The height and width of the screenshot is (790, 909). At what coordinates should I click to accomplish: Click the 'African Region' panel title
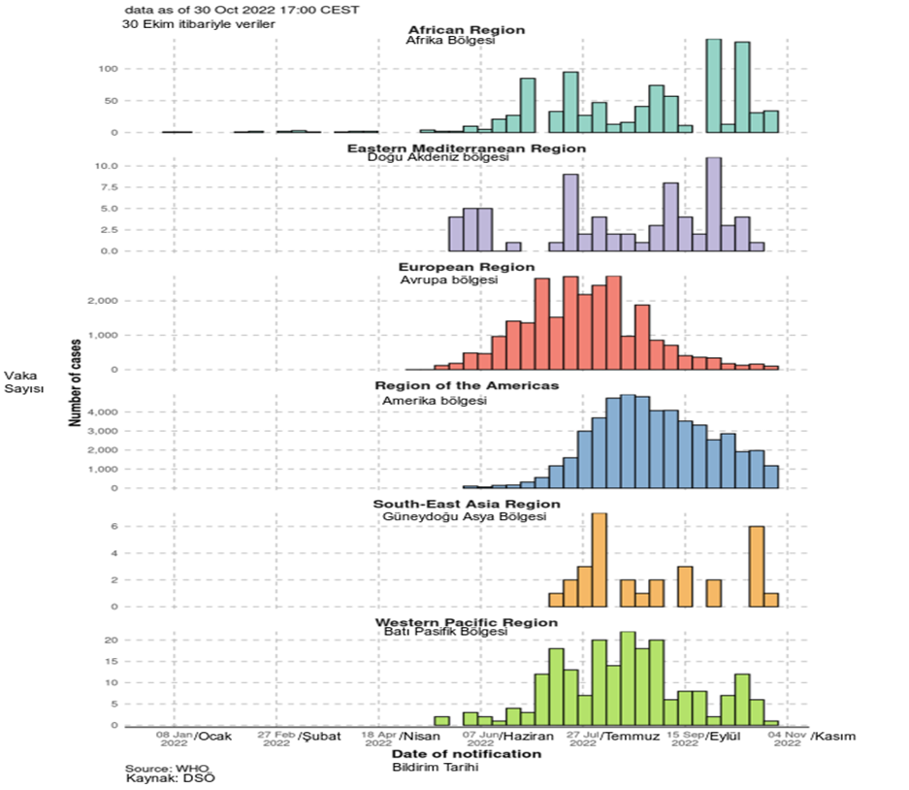[x=467, y=30]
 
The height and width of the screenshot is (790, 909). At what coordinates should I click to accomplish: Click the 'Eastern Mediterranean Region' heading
[x=467, y=148]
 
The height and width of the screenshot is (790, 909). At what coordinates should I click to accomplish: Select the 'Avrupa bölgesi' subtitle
[x=448, y=280]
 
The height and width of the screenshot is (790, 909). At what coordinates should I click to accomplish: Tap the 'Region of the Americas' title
[x=467, y=385]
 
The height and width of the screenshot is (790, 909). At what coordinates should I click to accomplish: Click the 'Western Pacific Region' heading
[x=467, y=622]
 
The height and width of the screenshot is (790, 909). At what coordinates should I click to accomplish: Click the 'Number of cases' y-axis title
[x=75, y=381]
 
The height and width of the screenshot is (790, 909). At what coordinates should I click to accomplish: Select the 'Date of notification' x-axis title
[x=466, y=753]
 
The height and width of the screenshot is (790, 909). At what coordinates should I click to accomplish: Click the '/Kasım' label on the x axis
[x=833, y=737]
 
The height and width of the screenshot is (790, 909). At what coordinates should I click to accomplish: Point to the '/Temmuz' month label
[x=630, y=737]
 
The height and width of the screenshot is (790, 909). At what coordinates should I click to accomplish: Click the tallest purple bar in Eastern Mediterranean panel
[x=713, y=204]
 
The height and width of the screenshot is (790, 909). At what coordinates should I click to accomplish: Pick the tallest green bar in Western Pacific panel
[x=628, y=678]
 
